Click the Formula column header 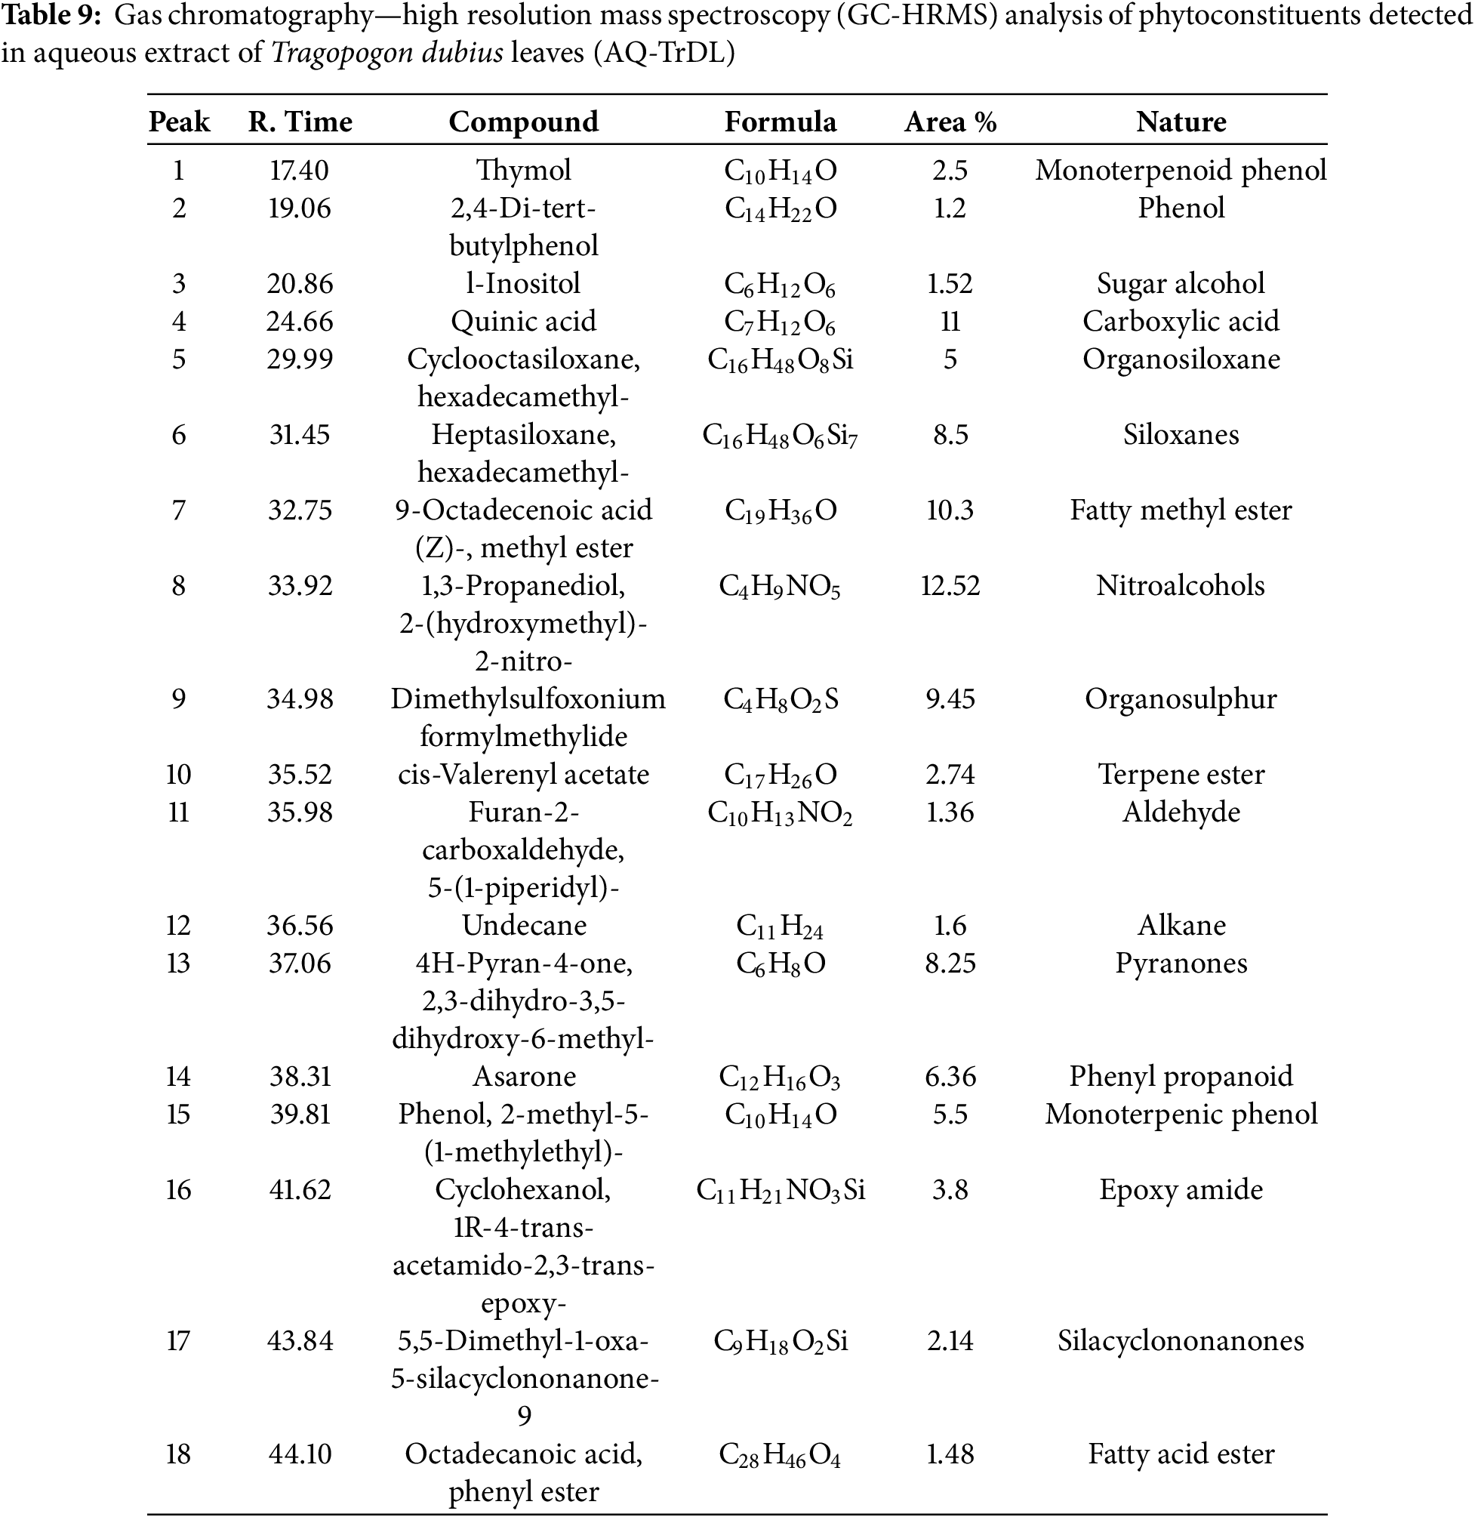[x=780, y=122]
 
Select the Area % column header [x=950, y=122]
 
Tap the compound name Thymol [x=524, y=170]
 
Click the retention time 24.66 [x=300, y=321]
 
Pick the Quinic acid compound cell [x=524, y=321]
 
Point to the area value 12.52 [x=950, y=585]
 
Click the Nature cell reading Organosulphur [x=1180, y=698]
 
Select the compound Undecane [x=525, y=925]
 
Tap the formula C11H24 [x=779, y=926]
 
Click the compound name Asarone [x=525, y=1076]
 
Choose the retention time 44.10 [x=300, y=1454]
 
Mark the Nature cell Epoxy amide [x=1181, y=1189]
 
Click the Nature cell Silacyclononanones [x=1181, y=1340]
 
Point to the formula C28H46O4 [x=779, y=1454]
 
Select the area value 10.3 [x=950, y=510]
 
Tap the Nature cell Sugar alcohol [x=1181, y=283]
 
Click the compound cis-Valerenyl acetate [x=524, y=774]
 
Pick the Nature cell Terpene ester [x=1181, y=774]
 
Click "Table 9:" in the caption [x=52, y=16]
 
